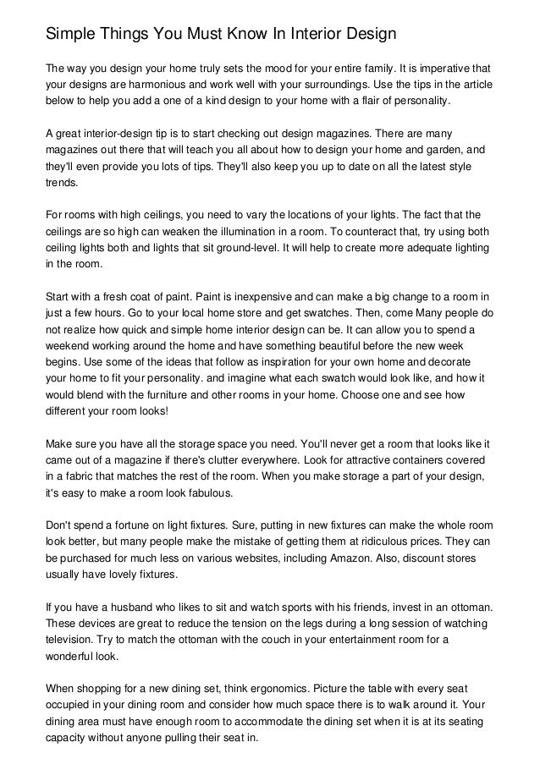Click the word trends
coord(61,183)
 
